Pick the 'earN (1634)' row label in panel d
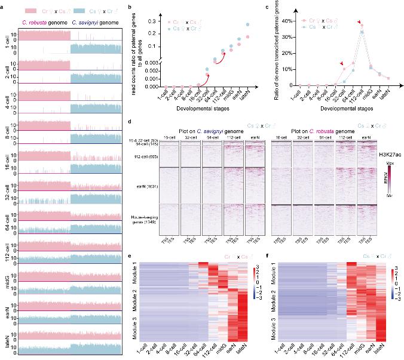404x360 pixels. pos(146,186)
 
